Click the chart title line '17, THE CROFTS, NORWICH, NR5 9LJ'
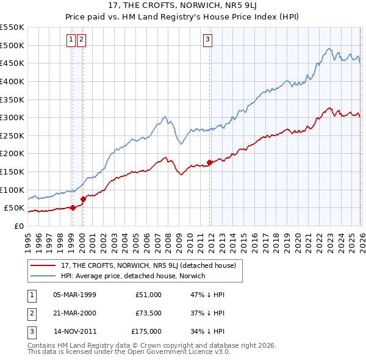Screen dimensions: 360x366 tap(182, 7)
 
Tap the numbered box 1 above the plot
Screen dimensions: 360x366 tap(71, 40)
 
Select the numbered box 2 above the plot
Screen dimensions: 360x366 tap(81, 40)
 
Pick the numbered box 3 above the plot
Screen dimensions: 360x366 tap(207, 40)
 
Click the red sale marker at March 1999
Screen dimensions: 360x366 tap(73, 207)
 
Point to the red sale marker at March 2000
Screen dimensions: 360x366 tap(84, 199)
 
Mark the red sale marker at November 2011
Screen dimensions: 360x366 tap(210, 162)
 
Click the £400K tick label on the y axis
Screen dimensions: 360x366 tap(12, 81)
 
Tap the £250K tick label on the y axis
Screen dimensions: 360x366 tap(12, 135)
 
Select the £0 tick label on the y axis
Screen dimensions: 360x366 tap(18, 226)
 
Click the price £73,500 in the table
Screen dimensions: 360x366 tap(148, 313)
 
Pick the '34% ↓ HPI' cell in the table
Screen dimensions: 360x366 tap(207, 332)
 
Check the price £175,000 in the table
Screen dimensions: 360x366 tap(146, 332)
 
